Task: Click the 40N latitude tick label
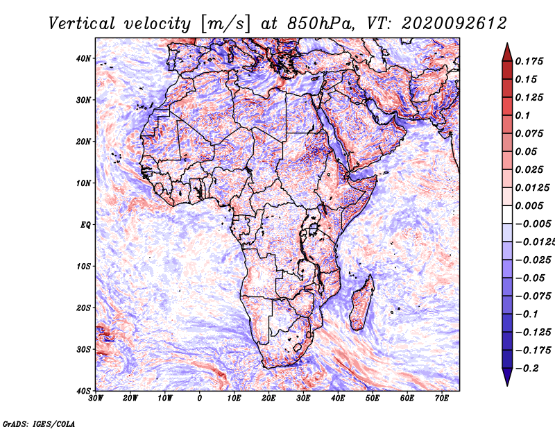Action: [83, 58]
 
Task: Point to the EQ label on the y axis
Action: [85, 225]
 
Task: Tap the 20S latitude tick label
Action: [83, 308]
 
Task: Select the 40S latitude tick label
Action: [83, 391]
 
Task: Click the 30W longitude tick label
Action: [96, 398]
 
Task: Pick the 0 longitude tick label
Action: [200, 398]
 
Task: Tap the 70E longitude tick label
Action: [442, 398]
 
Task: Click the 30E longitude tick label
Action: [303, 398]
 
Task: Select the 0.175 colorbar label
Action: [529, 62]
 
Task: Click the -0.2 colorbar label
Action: [527, 369]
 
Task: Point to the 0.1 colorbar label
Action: [522, 115]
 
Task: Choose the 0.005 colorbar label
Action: [529, 205]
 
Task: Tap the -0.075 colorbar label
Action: [533, 296]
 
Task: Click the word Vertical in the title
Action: [82, 24]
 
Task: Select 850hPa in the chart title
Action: [321, 24]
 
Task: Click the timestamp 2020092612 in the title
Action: [454, 24]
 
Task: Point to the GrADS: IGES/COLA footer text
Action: [39, 423]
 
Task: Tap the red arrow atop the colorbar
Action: [507, 52]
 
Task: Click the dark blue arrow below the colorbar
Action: [507, 376]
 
